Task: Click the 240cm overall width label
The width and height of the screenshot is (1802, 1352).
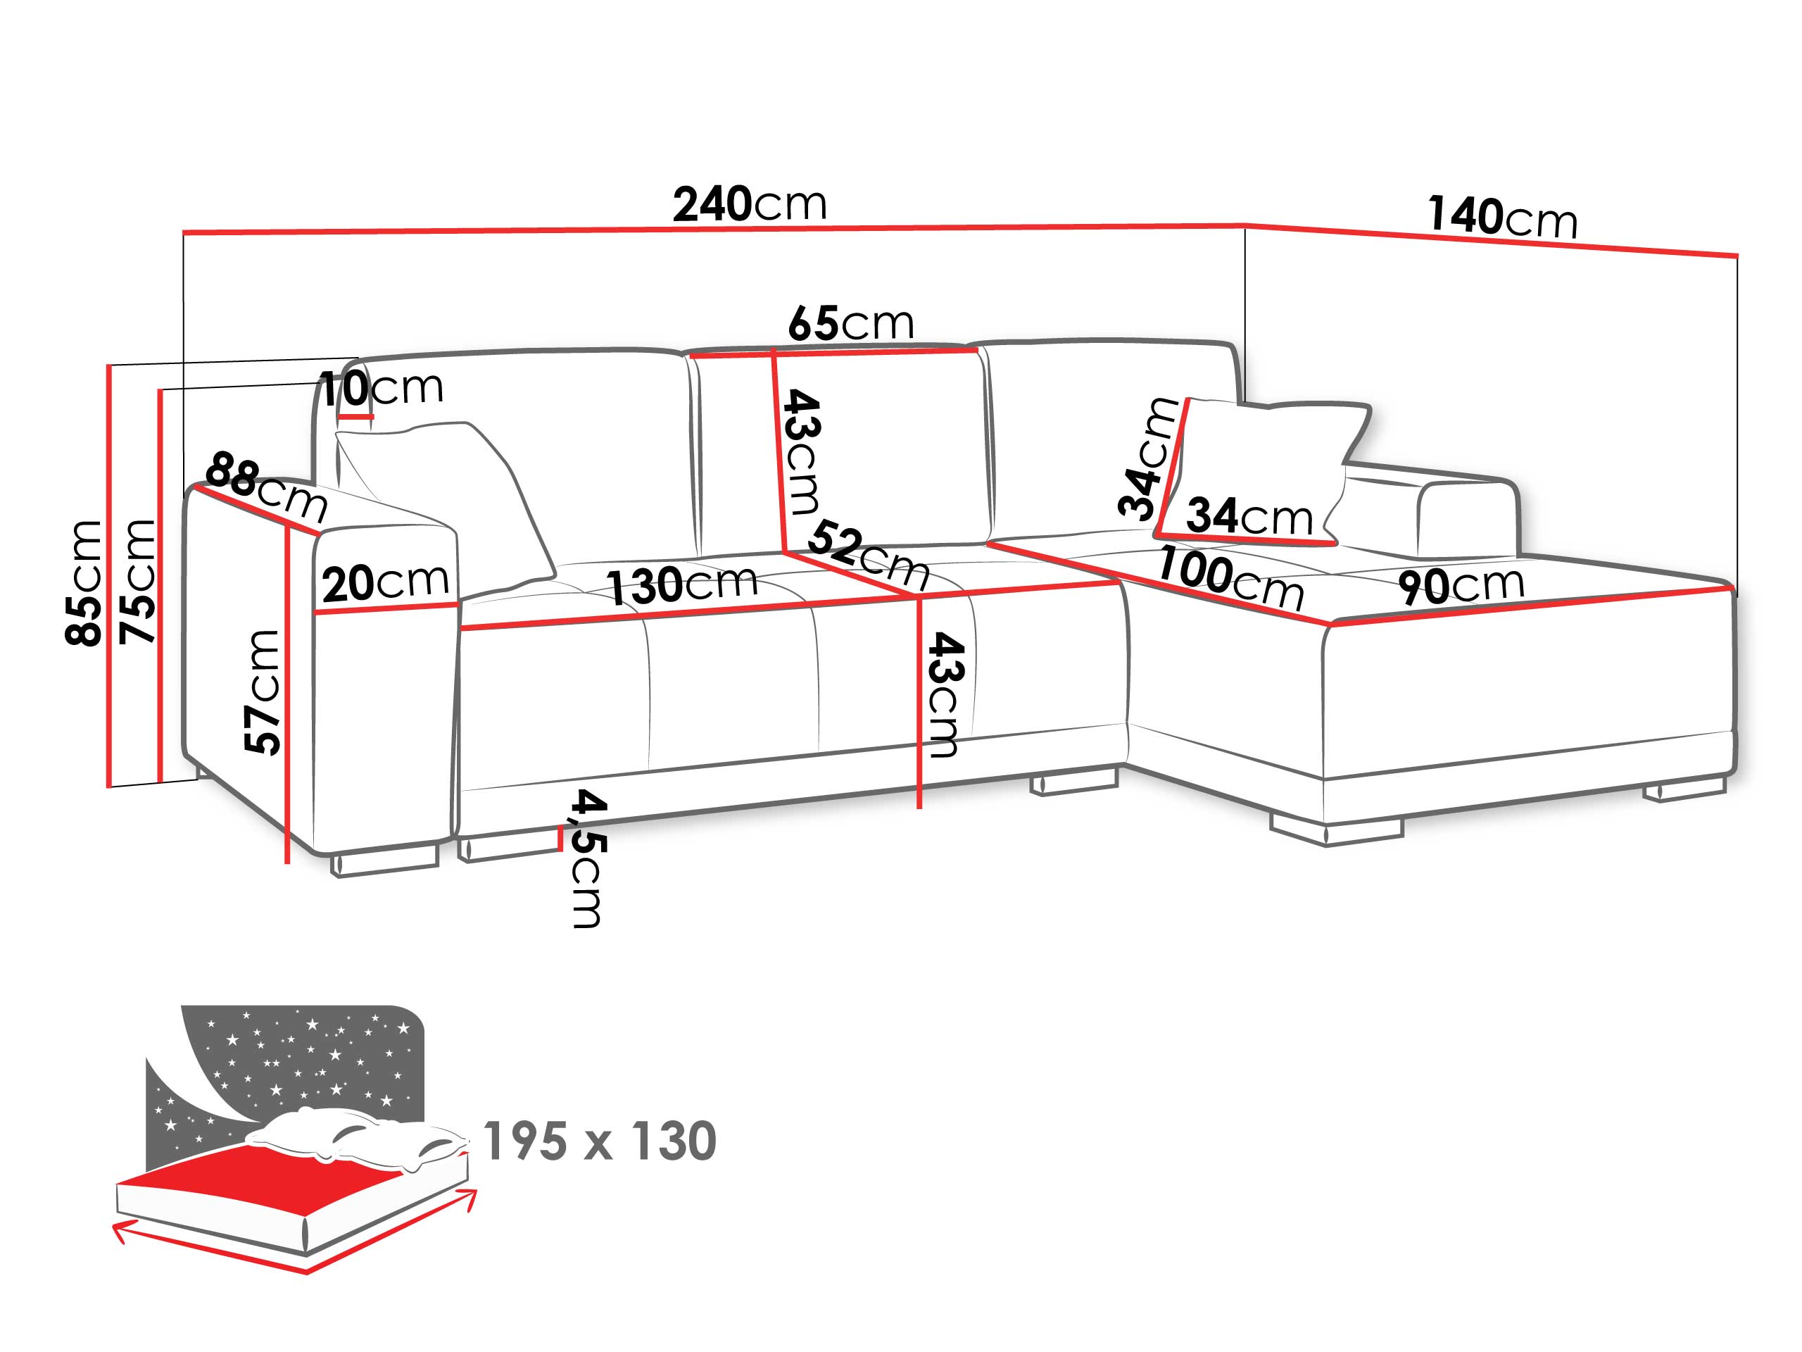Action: point(749,204)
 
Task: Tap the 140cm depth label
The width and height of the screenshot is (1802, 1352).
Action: point(1502,217)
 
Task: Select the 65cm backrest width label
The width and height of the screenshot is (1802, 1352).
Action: point(850,323)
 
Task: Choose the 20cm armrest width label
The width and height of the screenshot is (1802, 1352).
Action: point(385,582)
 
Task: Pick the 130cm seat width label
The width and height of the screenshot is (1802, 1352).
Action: point(683,585)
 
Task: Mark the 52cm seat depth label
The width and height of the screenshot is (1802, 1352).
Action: point(869,554)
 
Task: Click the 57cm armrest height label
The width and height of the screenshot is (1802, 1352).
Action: point(263,692)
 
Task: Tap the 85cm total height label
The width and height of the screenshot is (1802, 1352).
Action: point(84,582)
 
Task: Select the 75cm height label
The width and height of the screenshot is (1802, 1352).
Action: point(137,581)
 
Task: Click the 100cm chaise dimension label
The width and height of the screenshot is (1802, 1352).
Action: point(1230,579)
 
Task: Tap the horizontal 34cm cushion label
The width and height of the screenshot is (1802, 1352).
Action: point(1249,516)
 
